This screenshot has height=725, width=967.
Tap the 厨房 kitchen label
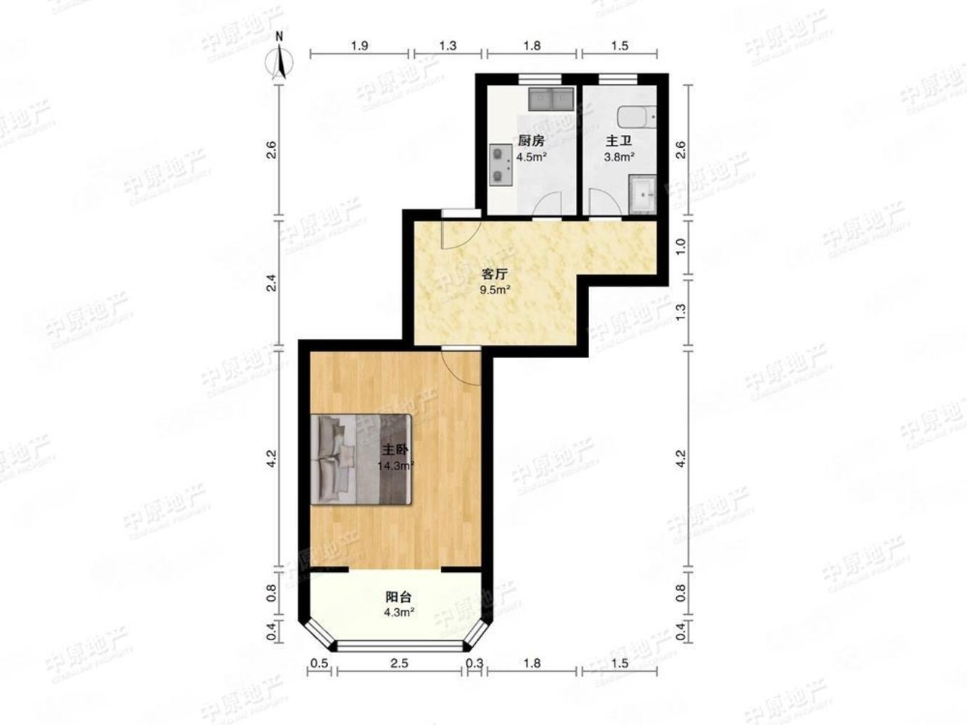click(531, 141)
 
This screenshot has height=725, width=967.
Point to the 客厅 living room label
click(495, 274)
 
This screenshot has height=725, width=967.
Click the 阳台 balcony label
click(398, 597)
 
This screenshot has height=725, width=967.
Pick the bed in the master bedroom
click(361, 458)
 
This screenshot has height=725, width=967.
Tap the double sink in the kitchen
click(552, 99)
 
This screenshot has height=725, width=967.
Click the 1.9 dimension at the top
click(359, 46)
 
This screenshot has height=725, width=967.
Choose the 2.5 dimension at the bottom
click(399, 663)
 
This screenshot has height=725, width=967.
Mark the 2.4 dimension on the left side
click(271, 283)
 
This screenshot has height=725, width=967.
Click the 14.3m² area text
click(395, 466)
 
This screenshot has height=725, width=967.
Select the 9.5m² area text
click(495, 289)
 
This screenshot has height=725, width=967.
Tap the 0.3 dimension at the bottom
click(475, 663)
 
